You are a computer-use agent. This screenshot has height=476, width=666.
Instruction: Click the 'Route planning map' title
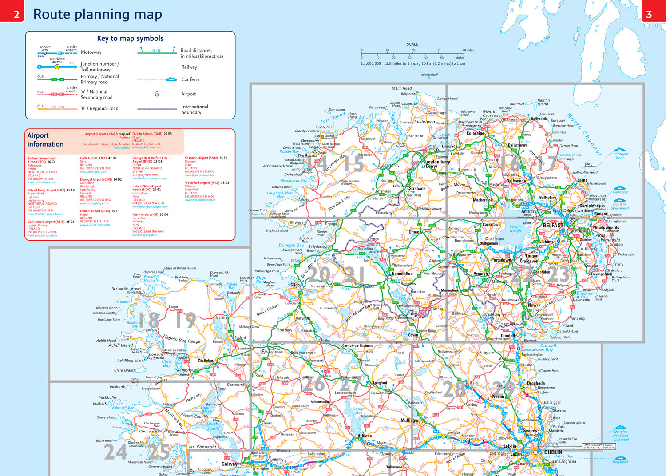pyautogui.click(x=97, y=14)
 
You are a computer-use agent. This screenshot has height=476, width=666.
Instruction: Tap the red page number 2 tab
pyautogui.click(x=16, y=14)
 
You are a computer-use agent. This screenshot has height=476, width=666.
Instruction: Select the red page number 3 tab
pyautogui.click(x=649, y=14)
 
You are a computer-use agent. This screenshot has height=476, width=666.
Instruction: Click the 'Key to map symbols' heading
pyautogui.click(x=130, y=38)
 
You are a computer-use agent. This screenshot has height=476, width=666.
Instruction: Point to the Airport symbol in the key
pyautogui.click(x=157, y=94)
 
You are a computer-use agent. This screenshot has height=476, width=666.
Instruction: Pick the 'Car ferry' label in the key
pyautogui.click(x=190, y=79)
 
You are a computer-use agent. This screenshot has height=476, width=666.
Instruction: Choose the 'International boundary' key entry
pyautogui.click(x=194, y=109)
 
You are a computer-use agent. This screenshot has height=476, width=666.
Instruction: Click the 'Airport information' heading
pyautogui.click(x=45, y=140)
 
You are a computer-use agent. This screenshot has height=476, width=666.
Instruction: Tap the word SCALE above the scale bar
pyautogui.click(x=412, y=44)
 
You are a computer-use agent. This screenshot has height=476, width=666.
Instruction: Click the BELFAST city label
pyautogui.click(x=553, y=226)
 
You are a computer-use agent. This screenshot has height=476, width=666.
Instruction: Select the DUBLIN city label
pyautogui.click(x=553, y=452)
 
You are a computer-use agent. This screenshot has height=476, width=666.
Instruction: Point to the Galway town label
pyautogui.click(x=229, y=464)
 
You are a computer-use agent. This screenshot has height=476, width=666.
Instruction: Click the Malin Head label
pyautogui.click(x=401, y=88)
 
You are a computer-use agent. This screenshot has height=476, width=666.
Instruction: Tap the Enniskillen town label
pyautogui.click(x=402, y=274)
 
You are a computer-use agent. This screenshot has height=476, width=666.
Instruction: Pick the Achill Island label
pyautogui.click(x=120, y=345)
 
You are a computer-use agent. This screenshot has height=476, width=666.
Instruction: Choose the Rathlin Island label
pyautogui.click(x=543, y=102)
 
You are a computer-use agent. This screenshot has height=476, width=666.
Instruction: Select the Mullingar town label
pyautogui.click(x=410, y=420)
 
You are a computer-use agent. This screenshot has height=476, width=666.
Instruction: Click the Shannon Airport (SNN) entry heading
pyautogui.click(x=201, y=158)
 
